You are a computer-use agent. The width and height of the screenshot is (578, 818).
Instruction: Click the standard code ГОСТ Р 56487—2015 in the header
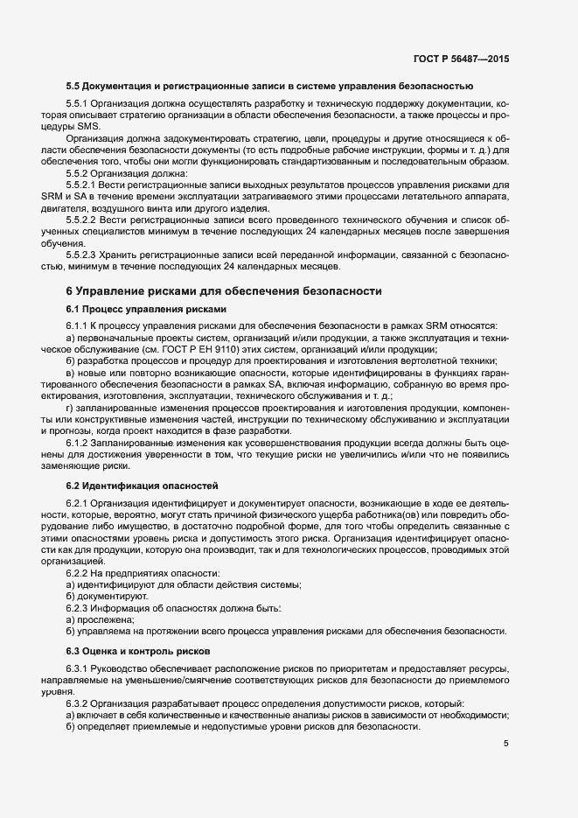point(460,59)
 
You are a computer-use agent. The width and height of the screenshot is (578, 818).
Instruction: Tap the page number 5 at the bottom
point(506,745)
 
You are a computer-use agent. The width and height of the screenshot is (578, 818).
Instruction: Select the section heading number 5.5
point(75,86)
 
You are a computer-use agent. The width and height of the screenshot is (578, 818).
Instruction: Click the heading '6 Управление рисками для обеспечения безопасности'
point(225,290)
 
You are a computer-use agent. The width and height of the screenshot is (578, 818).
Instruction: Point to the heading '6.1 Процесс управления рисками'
point(146,309)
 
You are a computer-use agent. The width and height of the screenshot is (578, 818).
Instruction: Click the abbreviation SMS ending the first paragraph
point(89,127)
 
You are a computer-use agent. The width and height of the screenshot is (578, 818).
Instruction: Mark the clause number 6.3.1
point(80,669)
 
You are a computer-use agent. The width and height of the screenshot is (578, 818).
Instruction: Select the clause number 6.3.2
point(80,703)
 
